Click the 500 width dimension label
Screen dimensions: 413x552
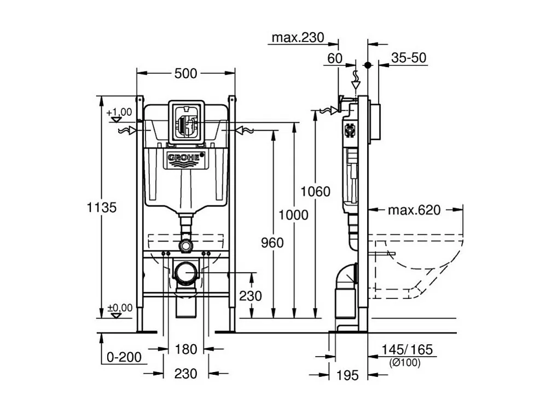[185, 74]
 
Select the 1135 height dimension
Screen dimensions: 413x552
[102, 208]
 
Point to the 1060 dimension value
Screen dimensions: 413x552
[316, 191]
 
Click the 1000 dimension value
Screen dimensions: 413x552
[294, 215]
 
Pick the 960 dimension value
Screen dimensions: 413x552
[272, 243]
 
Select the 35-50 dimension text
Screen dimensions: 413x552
[410, 58]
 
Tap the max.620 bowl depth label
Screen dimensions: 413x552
[414, 210]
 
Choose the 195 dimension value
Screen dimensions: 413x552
[347, 375]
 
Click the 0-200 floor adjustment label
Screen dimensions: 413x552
[124, 357]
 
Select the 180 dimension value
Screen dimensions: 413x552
[185, 349]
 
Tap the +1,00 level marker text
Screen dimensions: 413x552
[120, 112]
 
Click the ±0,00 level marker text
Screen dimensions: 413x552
[120, 308]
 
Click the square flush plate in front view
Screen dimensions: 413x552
[186, 122]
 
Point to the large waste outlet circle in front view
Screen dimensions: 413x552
[186, 272]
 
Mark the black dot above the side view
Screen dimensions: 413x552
[368, 64]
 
